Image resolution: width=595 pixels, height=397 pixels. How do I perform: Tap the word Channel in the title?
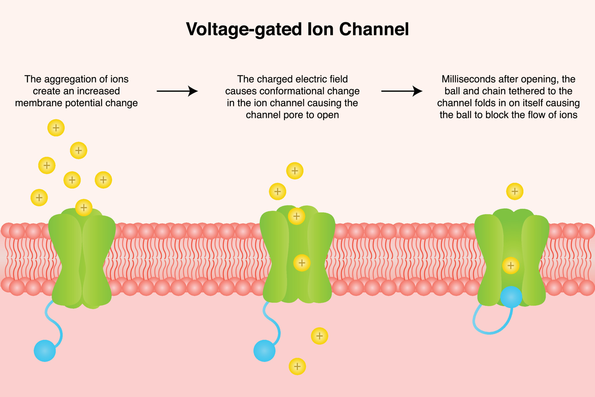coord(374,29)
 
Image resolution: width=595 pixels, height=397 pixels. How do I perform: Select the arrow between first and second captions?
coord(177,91)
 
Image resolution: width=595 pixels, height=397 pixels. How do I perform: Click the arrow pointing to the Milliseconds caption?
coord(401,91)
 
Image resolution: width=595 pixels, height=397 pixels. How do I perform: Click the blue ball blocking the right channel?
coord(511,297)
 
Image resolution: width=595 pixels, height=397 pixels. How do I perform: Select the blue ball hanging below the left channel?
coord(45,351)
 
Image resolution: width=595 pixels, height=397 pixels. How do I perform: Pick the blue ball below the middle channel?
coord(264,351)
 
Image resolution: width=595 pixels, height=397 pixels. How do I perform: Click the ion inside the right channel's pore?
coord(511,265)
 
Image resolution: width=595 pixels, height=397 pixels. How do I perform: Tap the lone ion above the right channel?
coord(515,191)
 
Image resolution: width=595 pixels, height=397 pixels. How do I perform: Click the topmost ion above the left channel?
coord(56,128)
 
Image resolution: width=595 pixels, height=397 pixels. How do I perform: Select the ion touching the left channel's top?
coord(84,207)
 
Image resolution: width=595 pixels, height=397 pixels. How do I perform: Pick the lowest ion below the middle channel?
coord(297,366)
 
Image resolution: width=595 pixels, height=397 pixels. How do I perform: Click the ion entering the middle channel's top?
coord(297,216)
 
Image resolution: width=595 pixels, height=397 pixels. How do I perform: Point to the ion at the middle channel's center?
coord(302,263)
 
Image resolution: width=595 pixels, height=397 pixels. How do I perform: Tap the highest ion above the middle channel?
coord(295,171)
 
